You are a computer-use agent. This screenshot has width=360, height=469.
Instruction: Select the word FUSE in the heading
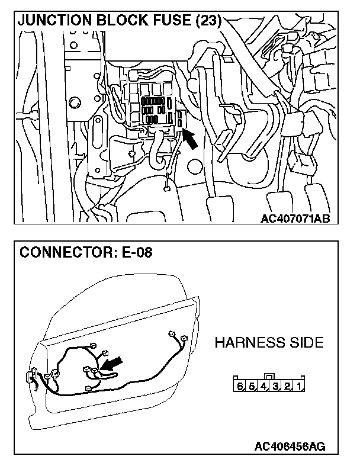[168, 21]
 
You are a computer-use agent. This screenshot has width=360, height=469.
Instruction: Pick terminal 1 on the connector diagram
[300, 387]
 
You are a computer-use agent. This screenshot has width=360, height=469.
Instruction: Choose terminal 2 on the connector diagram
[288, 387]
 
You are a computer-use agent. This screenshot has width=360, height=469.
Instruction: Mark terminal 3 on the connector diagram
[276, 387]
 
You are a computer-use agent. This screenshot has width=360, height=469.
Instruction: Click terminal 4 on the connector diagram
[263, 387]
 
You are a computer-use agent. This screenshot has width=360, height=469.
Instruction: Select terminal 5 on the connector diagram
[252, 387]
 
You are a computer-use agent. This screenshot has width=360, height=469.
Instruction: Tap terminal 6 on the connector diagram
[240, 387]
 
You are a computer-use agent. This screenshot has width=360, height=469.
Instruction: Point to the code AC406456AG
[290, 446]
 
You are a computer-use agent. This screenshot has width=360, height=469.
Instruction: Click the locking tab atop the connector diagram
[269, 377]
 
